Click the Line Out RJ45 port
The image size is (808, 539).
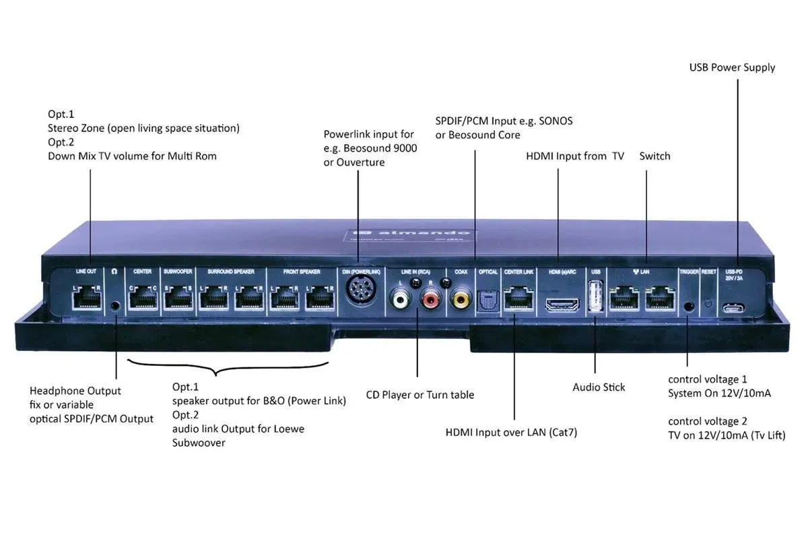86,296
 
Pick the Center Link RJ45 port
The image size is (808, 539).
516,297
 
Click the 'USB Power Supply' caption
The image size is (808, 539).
732,67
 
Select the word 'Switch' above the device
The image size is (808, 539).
654,156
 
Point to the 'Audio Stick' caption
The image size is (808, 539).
599,387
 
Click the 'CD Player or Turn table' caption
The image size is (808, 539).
419,395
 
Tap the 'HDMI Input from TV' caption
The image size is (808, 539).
574,156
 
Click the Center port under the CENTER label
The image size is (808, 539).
142,296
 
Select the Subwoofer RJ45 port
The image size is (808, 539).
177,296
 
